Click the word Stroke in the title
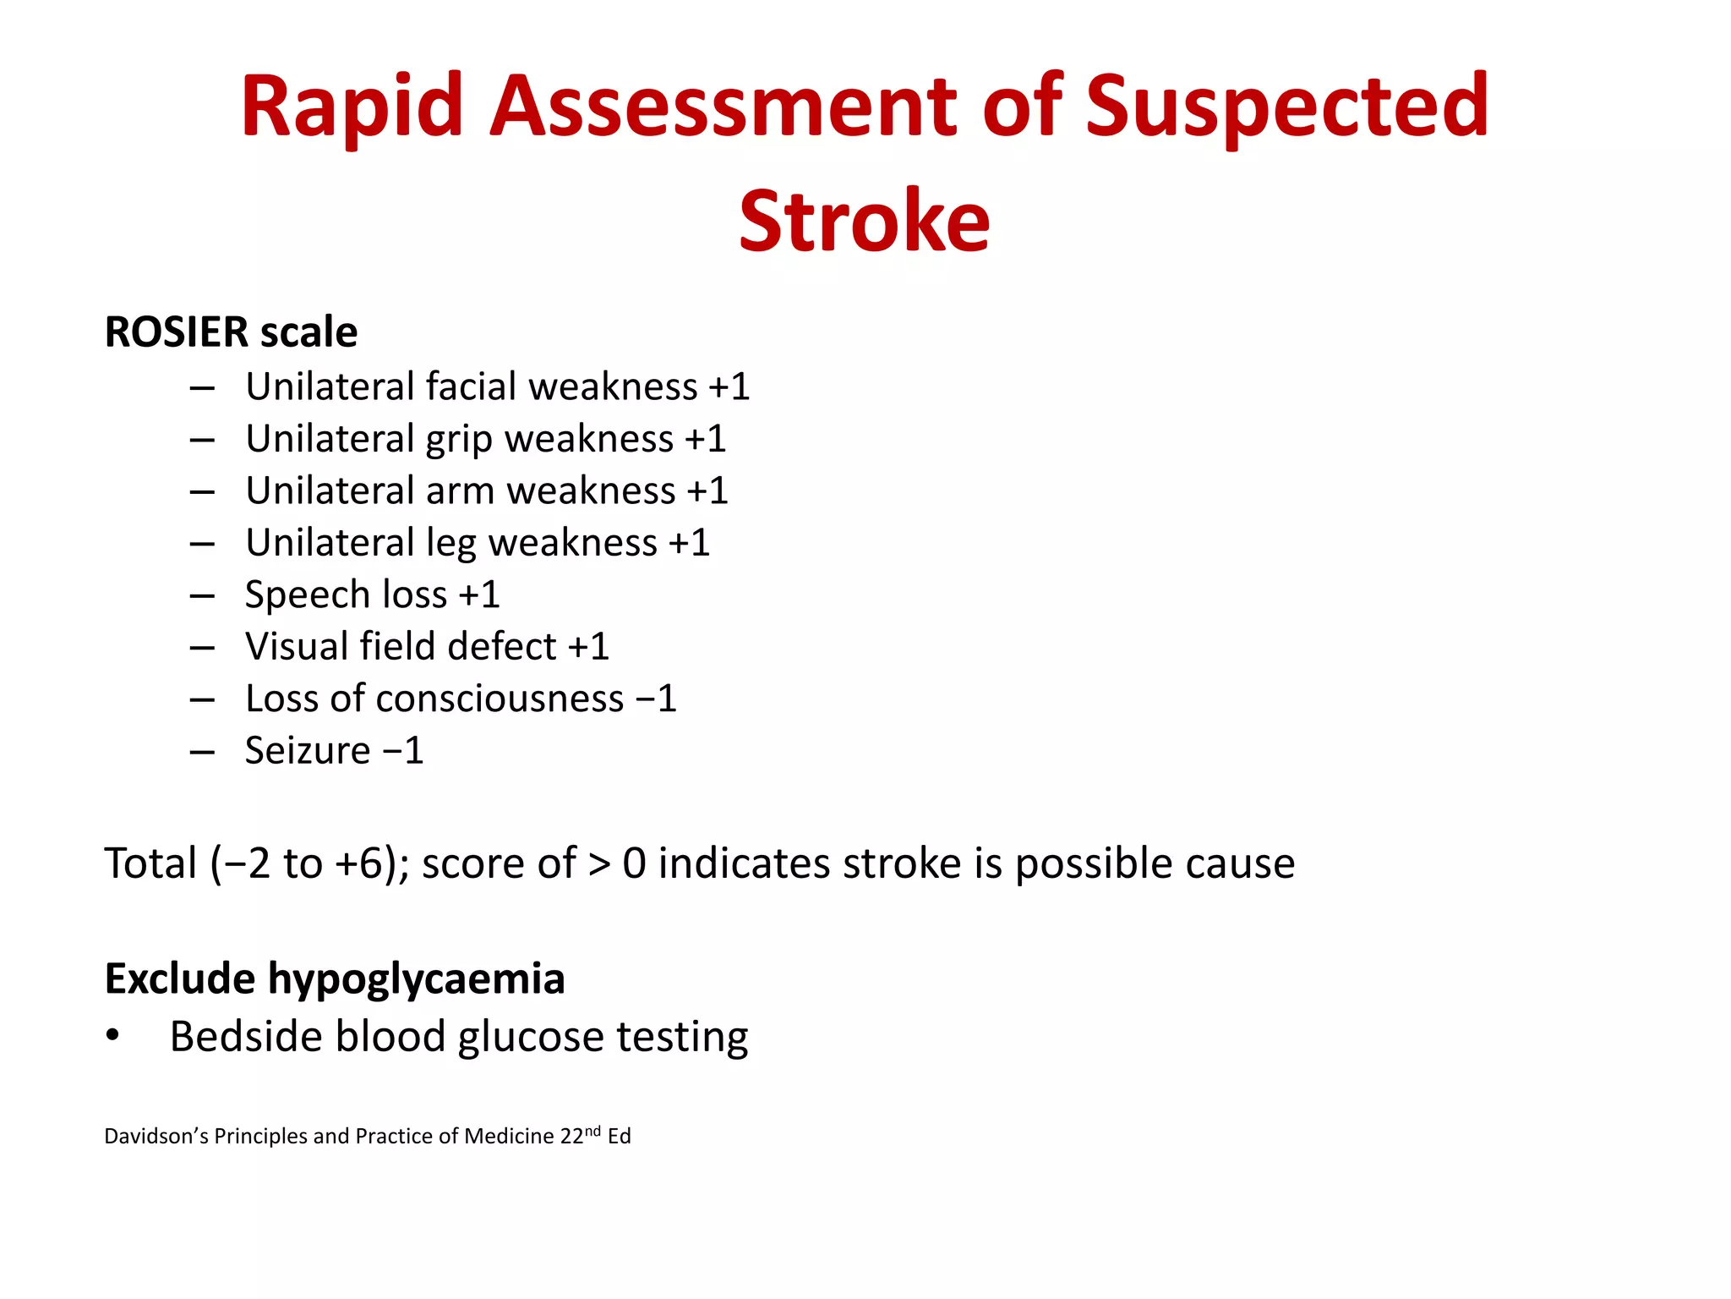coord(864,222)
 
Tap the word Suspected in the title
coord(1286,107)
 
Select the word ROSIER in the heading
coord(177,332)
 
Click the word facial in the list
coord(471,387)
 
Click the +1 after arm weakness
coord(707,491)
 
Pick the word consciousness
coord(500,699)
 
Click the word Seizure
coord(308,751)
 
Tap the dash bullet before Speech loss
coord(202,596)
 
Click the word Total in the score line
coord(150,864)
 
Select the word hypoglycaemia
coord(416,979)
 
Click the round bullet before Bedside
coord(113,1037)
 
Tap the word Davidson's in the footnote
coord(156,1137)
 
